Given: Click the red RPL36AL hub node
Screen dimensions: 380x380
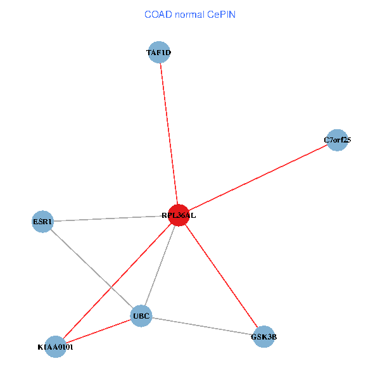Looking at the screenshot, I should coord(179,215).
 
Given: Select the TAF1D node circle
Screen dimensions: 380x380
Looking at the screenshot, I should coord(159,53).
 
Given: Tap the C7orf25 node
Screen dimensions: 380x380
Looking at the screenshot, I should coord(338,140).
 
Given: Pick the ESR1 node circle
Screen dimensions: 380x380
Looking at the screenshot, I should coord(42,222).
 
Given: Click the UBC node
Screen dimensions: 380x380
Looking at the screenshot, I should coord(141,316).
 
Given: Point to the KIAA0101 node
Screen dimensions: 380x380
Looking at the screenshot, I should coord(56,346).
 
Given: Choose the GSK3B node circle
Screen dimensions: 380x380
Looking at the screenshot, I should coord(263,337).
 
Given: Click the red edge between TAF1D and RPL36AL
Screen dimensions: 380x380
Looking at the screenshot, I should coord(169,133).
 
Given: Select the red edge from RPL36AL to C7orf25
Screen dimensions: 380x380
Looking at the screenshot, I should coord(258,178).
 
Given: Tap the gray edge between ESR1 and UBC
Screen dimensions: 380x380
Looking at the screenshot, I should coord(92,269).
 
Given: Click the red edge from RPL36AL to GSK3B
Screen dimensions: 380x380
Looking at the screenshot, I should coord(222,276).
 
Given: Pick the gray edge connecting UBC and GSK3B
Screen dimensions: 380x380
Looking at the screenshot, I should coord(203,327).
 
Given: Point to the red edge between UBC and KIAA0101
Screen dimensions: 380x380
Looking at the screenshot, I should coord(98,331).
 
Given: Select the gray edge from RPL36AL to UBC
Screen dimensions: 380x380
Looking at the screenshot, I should coord(160,265).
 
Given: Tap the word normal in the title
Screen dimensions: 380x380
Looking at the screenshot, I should coord(189,14).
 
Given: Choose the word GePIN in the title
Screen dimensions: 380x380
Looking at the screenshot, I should coord(220,14).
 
